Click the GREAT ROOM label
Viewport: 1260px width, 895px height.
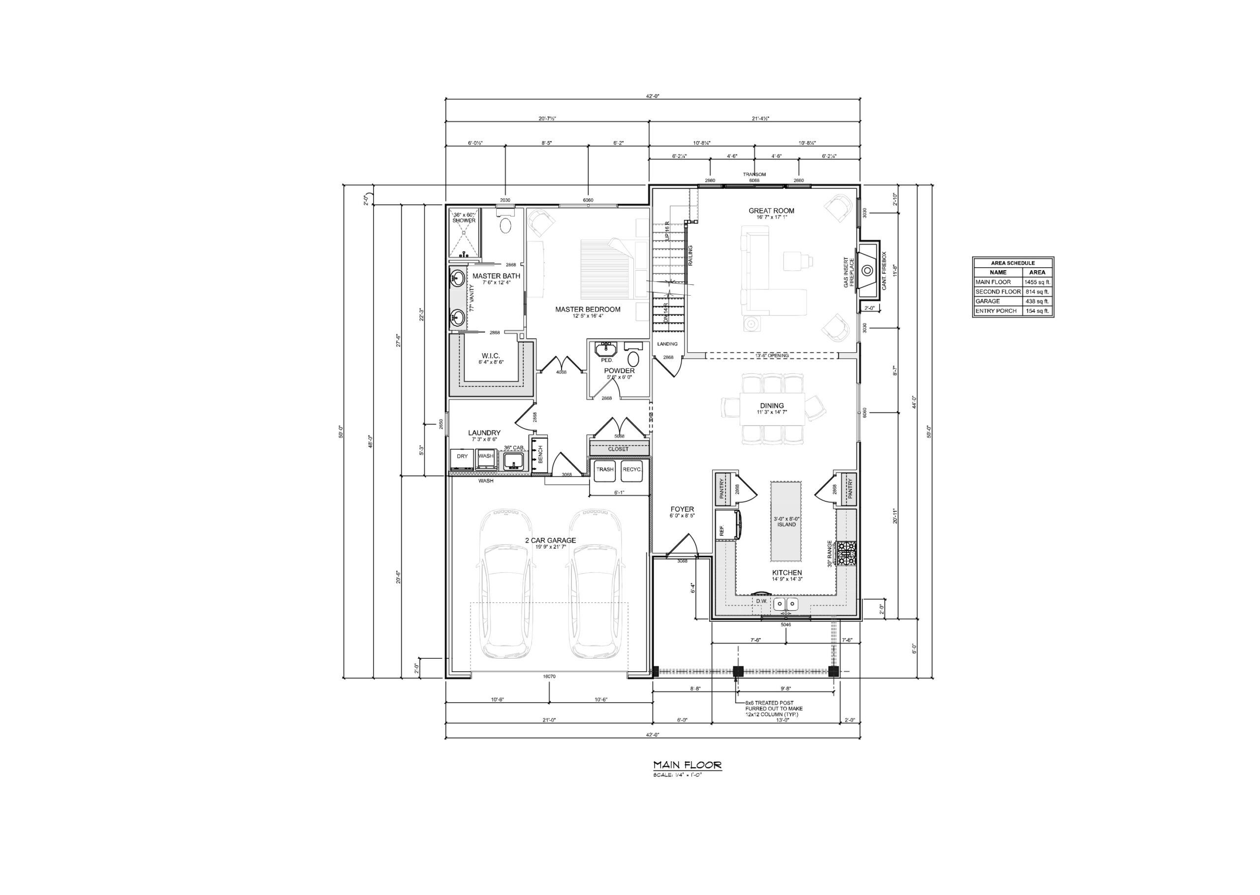click(x=771, y=211)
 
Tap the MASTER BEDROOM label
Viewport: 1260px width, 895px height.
click(x=588, y=309)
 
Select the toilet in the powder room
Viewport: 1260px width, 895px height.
click(x=633, y=359)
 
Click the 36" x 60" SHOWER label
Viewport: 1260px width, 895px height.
click(x=464, y=217)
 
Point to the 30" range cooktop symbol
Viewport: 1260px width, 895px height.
click(x=847, y=554)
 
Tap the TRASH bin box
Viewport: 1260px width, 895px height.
click(x=604, y=469)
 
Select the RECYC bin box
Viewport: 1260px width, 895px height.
click(x=631, y=469)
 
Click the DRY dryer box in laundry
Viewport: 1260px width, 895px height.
click(x=462, y=456)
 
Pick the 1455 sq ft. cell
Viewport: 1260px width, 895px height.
click(x=1037, y=281)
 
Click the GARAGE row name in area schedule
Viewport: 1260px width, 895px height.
click(x=987, y=302)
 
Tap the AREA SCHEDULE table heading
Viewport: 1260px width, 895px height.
click(x=1012, y=263)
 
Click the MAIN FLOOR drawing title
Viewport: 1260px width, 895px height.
click(x=687, y=765)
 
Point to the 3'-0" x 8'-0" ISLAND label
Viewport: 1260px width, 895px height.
click(x=787, y=522)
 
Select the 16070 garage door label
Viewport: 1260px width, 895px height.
click(x=549, y=676)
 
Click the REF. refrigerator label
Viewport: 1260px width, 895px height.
click(x=722, y=529)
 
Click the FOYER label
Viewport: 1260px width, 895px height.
click(x=682, y=509)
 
